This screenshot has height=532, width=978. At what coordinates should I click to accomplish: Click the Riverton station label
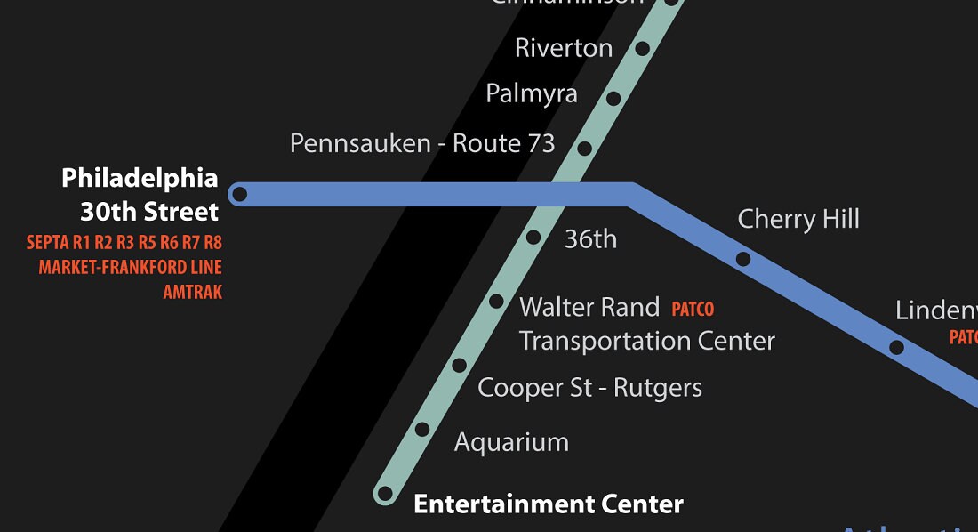point(564,48)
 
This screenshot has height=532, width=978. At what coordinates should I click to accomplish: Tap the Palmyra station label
point(532,93)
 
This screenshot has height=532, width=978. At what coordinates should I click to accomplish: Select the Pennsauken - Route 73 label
point(422,143)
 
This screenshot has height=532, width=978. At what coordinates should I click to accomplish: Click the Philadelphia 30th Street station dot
point(239,194)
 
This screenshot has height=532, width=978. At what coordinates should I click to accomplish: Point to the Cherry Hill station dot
point(743,259)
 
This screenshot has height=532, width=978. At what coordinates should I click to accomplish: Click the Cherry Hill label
point(798,220)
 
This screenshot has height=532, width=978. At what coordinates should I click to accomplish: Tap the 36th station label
point(590,239)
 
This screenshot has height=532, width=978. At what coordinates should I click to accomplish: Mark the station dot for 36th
point(533,238)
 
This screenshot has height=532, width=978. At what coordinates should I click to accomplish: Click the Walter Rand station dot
point(496,302)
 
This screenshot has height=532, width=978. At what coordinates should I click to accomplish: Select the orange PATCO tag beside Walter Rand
point(693,310)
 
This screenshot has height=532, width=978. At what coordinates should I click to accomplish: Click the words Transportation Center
point(646,341)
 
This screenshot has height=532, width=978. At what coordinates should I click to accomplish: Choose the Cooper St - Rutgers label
point(589,388)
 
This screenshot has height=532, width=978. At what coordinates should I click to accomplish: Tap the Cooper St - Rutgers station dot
point(459,365)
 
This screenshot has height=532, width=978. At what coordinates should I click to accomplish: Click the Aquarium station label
point(511,442)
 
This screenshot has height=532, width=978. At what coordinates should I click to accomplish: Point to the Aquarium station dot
point(422,430)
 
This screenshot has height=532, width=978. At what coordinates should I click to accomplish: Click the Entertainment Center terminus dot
point(385,493)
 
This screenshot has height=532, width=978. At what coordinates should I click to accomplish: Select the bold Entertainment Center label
point(549,504)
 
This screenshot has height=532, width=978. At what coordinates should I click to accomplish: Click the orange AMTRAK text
point(192,292)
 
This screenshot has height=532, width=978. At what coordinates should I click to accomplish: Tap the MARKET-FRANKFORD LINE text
point(130,267)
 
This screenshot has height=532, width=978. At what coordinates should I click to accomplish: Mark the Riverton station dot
point(643,48)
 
